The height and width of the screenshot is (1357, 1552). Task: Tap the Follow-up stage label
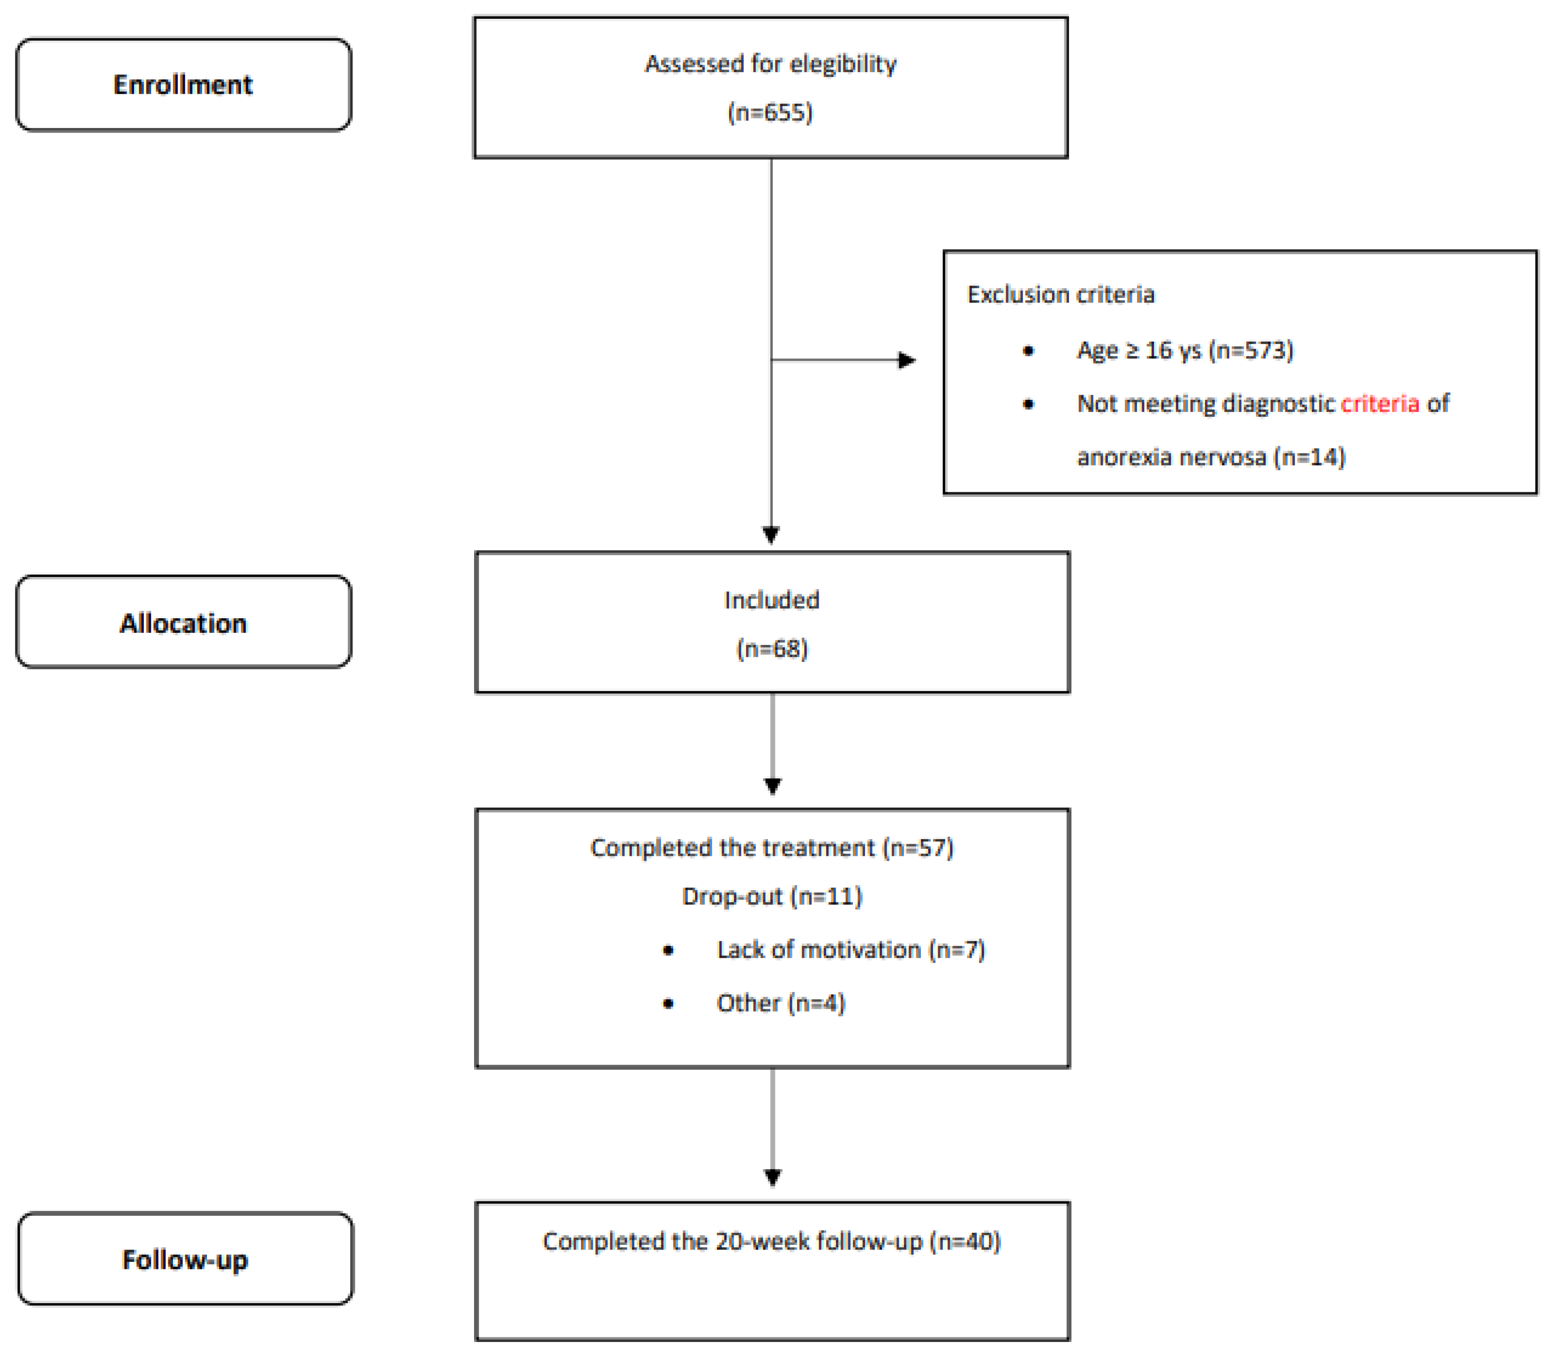(x=185, y=1260)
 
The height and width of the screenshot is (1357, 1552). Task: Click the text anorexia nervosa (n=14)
(x=1210, y=457)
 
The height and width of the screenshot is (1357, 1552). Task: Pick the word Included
(x=771, y=600)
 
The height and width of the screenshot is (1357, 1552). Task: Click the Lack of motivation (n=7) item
(x=850, y=950)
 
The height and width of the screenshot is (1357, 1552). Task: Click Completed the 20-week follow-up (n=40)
(x=771, y=1241)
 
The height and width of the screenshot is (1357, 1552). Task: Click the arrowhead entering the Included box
(x=770, y=535)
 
